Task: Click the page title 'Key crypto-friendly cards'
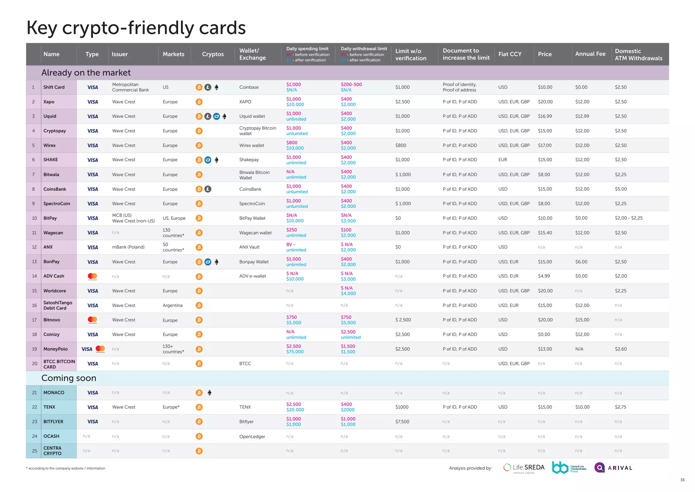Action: tap(136, 28)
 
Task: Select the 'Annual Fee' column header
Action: tap(590, 54)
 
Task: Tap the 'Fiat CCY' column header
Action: tap(510, 54)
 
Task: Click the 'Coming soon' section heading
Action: tap(69, 378)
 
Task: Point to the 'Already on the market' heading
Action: tap(86, 73)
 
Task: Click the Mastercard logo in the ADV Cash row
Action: tap(92, 277)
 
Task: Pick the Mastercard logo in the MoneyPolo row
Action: tap(100, 349)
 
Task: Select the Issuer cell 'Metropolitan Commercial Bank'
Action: tap(130, 87)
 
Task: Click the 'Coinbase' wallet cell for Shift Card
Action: tap(249, 87)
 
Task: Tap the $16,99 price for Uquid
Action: tap(545, 116)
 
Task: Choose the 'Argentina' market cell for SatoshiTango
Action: tap(172, 305)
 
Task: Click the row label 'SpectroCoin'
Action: tap(57, 204)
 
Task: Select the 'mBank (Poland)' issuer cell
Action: tap(128, 247)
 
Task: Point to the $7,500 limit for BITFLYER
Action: tap(402, 422)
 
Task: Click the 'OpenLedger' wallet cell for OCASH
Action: tap(252, 437)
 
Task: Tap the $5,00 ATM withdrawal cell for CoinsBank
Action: tap(621, 189)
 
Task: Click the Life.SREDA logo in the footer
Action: tap(524, 468)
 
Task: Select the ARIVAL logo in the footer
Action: tap(613, 468)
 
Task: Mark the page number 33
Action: tap(682, 480)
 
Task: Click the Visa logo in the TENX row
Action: tap(92, 407)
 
